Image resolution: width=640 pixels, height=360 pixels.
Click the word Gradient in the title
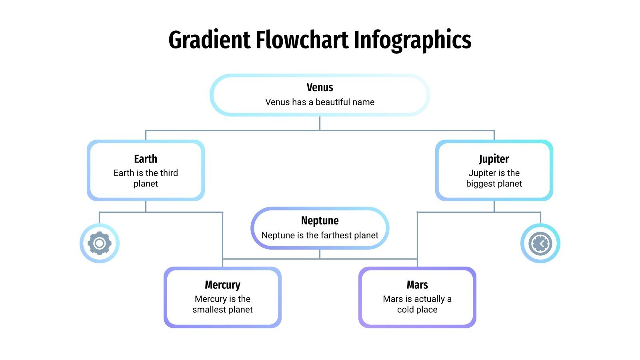[209, 40]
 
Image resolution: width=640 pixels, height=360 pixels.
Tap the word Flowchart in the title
[302, 40]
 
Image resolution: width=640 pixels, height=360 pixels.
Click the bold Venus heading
[320, 87]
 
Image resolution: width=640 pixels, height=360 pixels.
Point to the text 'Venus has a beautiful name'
[320, 102]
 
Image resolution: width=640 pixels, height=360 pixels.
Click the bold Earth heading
[146, 159]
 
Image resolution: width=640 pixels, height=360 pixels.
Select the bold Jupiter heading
[494, 159]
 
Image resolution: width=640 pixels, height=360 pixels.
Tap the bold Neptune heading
[320, 220]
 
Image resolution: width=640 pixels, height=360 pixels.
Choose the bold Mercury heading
[222, 285]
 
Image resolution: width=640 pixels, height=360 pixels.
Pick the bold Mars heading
[417, 285]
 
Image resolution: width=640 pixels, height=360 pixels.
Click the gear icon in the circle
[100, 243]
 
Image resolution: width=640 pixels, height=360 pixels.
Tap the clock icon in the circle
[540, 243]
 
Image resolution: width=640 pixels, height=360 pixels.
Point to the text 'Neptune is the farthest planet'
[320, 235]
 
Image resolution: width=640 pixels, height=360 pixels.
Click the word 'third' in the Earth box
[169, 173]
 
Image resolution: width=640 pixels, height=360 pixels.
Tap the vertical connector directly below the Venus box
[320, 123]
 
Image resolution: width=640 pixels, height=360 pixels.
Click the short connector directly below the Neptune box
[320, 254]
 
